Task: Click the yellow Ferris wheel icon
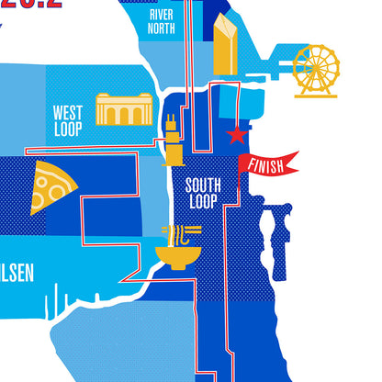click(x=315, y=72)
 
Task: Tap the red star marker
click(x=236, y=136)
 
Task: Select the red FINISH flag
click(x=270, y=163)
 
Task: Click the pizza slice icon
click(x=53, y=187)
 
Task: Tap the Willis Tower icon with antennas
click(x=172, y=142)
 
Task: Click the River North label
click(x=162, y=21)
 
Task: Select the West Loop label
click(x=68, y=120)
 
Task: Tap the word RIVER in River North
click(x=162, y=15)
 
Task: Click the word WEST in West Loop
click(x=68, y=113)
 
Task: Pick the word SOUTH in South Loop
click(x=203, y=184)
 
